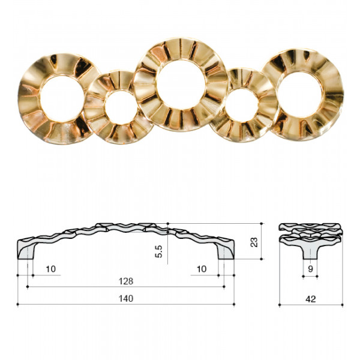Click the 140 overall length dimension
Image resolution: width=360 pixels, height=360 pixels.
point(126,298)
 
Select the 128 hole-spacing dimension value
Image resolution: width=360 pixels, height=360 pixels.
point(126,281)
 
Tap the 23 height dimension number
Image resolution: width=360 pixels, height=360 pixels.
point(254,242)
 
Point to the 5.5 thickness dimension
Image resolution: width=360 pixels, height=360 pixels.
point(158,251)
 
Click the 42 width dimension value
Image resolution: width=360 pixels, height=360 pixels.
point(311,299)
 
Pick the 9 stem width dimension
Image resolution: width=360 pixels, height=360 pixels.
point(310,269)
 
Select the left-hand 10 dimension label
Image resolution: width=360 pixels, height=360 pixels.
point(51,269)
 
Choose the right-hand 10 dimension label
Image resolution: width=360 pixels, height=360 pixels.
point(202,269)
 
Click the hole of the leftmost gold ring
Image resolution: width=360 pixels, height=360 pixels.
point(62,98)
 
